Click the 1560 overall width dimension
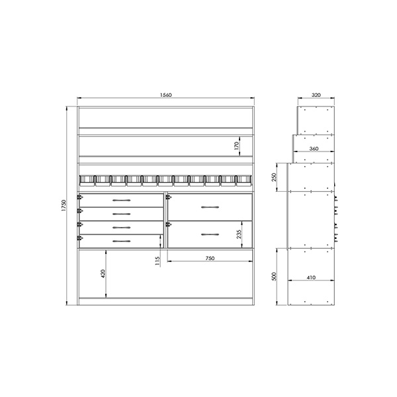[x=166, y=95]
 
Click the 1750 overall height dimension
[x=64, y=206]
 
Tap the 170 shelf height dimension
[x=236, y=146]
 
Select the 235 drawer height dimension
[x=239, y=234]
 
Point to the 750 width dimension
[x=210, y=258]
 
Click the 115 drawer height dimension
[x=157, y=261]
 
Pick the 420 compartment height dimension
[x=103, y=274]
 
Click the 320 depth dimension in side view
[x=316, y=95]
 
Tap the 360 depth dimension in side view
[x=314, y=149]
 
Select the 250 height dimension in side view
[x=274, y=177]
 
